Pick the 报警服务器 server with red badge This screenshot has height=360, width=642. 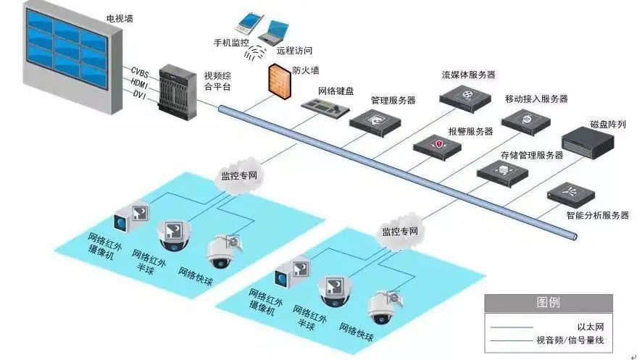[438, 146]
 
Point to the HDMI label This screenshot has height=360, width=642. [140, 83]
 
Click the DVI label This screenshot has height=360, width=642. [138, 94]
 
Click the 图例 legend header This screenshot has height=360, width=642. [548, 303]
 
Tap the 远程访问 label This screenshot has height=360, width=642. [293, 51]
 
